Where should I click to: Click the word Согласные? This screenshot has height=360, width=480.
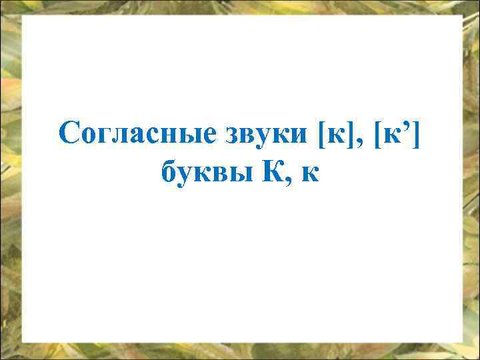pos(137,132)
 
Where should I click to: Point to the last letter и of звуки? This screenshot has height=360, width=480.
pos(301,135)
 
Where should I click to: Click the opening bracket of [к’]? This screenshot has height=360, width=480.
pos(379,133)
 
